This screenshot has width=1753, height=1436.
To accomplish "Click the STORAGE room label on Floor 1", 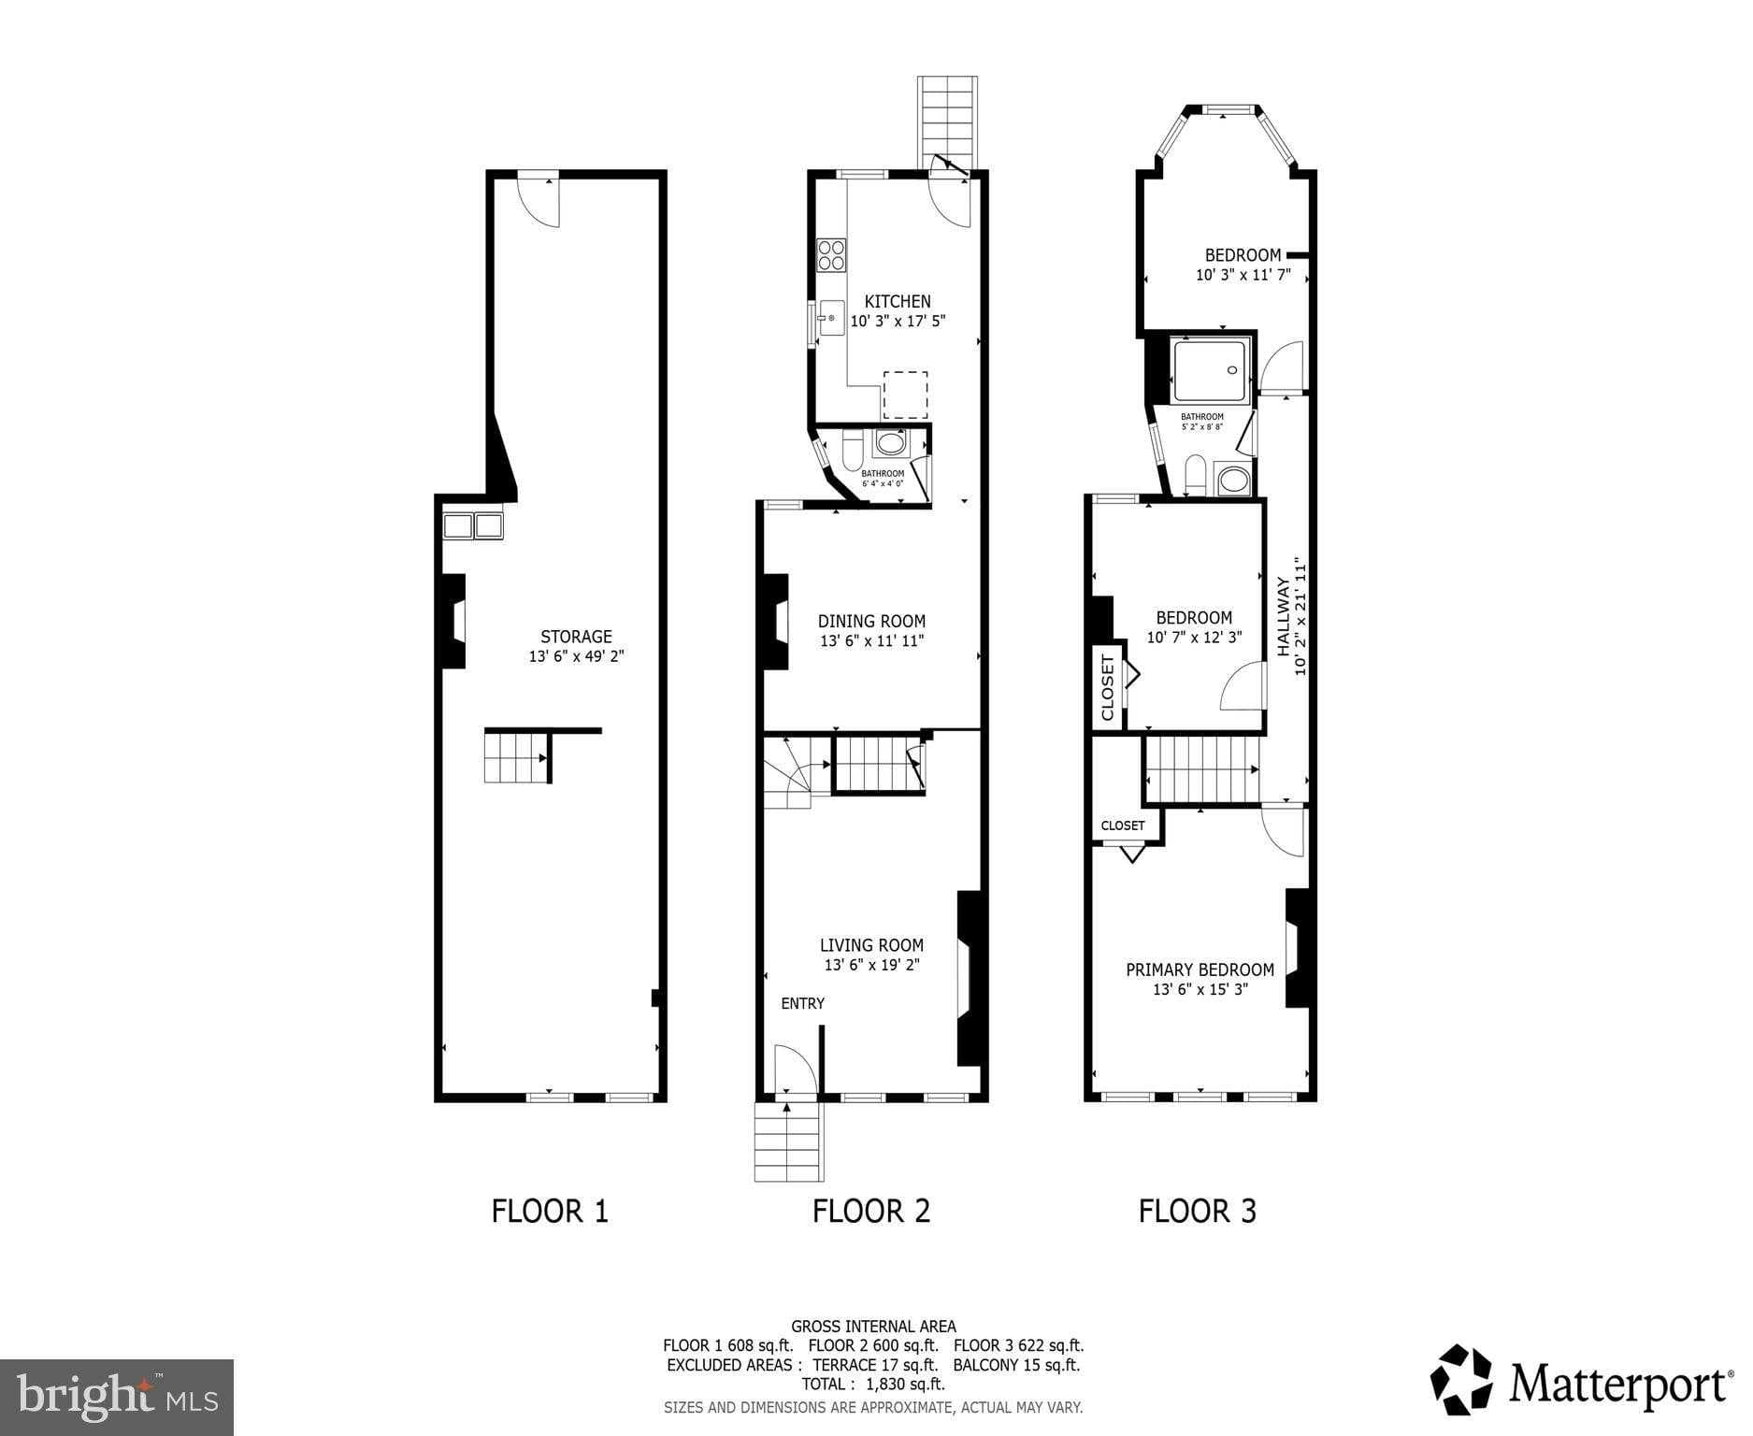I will click(x=576, y=637).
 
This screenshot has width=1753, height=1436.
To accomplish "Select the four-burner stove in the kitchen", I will click(x=831, y=255).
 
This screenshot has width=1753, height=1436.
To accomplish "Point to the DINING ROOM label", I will click(x=871, y=621).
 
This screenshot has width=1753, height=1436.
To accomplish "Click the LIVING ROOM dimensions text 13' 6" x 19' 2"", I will click(x=871, y=965).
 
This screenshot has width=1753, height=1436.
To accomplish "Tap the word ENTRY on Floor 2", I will click(x=802, y=1003).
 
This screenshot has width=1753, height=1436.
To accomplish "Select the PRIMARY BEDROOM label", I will click(x=1200, y=969).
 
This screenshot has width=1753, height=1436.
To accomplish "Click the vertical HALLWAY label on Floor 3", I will click(x=1284, y=617).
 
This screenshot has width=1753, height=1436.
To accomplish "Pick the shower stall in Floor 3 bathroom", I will click(x=1210, y=371).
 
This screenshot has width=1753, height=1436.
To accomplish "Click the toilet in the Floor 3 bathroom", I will click(x=1195, y=474).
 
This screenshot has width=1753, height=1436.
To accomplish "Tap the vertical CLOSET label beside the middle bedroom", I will click(x=1108, y=687).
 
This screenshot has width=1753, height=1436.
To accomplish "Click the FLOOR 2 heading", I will click(x=870, y=1211).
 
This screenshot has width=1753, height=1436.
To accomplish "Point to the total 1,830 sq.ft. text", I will click(x=872, y=1384).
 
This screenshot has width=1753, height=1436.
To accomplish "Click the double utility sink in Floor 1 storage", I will click(x=472, y=525).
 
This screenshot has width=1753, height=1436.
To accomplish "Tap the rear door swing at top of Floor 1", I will click(x=540, y=200).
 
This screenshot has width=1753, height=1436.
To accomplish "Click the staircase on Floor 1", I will click(x=514, y=756).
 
